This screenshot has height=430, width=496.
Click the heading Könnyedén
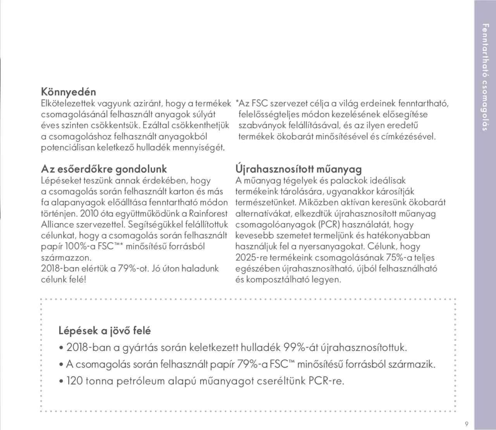click(69, 92)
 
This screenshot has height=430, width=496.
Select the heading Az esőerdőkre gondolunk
click(104, 169)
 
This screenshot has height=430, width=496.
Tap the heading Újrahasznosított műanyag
click(298, 169)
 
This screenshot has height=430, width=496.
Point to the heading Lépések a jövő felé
click(105, 331)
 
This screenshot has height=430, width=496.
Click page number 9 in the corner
click(467, 423)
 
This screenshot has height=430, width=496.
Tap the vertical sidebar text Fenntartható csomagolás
click(484, 77)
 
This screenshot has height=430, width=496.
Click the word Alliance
click(57, 225)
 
